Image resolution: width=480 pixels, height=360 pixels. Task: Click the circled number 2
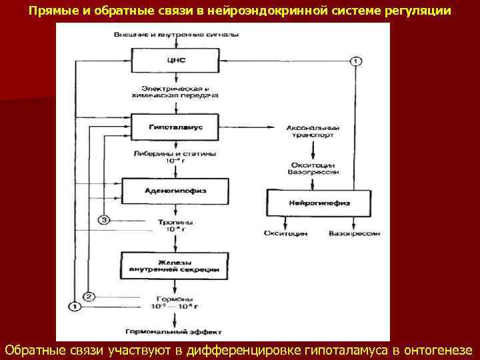click(89, 296)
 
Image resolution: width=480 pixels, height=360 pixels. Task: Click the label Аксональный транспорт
click(313, 131)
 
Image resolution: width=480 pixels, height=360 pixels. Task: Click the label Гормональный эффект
click(176, 331)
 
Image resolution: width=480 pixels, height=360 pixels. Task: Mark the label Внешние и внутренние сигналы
click(176, 33)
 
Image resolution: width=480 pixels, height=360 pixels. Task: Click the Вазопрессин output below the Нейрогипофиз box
click(354, 234)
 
